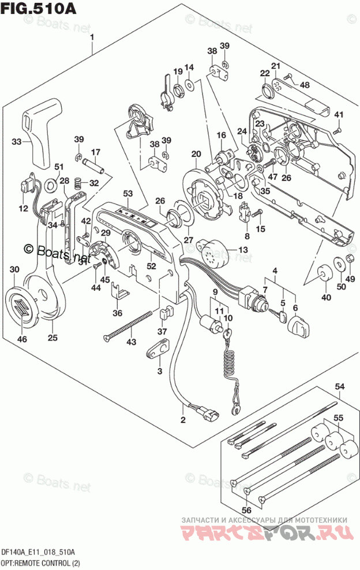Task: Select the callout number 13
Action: pyautogui.click(x=242, y=250)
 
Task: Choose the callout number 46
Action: pyautogui.click(x=22, y=340)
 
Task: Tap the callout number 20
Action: pyautogui.click(x=196, y=154)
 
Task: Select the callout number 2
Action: pyautogui.click(x=183, y=419)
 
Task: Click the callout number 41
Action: pyautogui.click(x=339, y=114)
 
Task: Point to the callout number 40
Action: pyautogui.click(x=327, y=298)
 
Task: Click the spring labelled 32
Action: pyautogui.click(x=78, y=184)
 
